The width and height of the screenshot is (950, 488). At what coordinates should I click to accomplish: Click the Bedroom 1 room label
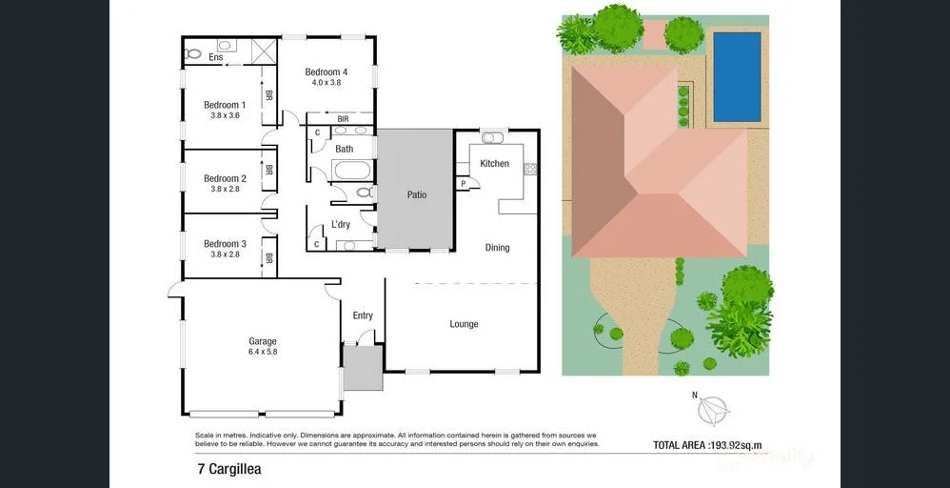click(x=225, y=105)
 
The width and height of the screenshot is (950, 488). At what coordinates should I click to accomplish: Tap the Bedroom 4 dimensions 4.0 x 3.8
click(x=326, y=83)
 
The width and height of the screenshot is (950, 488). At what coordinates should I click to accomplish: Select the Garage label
click(x=263, y=341)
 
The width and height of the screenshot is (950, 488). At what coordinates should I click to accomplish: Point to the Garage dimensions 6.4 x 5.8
click(x=263, y=352)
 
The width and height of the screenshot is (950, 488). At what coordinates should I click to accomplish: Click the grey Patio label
click(x=417, y=194)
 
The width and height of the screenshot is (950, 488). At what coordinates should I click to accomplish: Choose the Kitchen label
click(x=494, y=164)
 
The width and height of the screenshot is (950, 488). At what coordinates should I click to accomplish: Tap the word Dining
click(x=497, y=248)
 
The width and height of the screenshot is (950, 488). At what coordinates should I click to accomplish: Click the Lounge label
click(x=464, y=324)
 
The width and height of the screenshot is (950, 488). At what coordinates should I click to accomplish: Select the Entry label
click(x=363, y=315)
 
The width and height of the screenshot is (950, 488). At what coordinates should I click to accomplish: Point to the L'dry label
click(x=340, y=225)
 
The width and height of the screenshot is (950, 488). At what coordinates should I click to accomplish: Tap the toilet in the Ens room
click(x=193, y=53)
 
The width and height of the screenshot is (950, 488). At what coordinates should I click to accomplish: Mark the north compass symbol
click(x=713, y=410)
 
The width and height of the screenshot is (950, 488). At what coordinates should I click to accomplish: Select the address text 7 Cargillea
click(x=228, y=469)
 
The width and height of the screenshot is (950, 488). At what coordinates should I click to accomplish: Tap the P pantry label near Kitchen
click(x=463, y=183)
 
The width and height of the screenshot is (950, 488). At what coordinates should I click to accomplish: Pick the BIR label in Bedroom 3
click(x=269, y=257)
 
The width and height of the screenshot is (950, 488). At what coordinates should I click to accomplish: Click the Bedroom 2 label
click(x=225, y=178)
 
